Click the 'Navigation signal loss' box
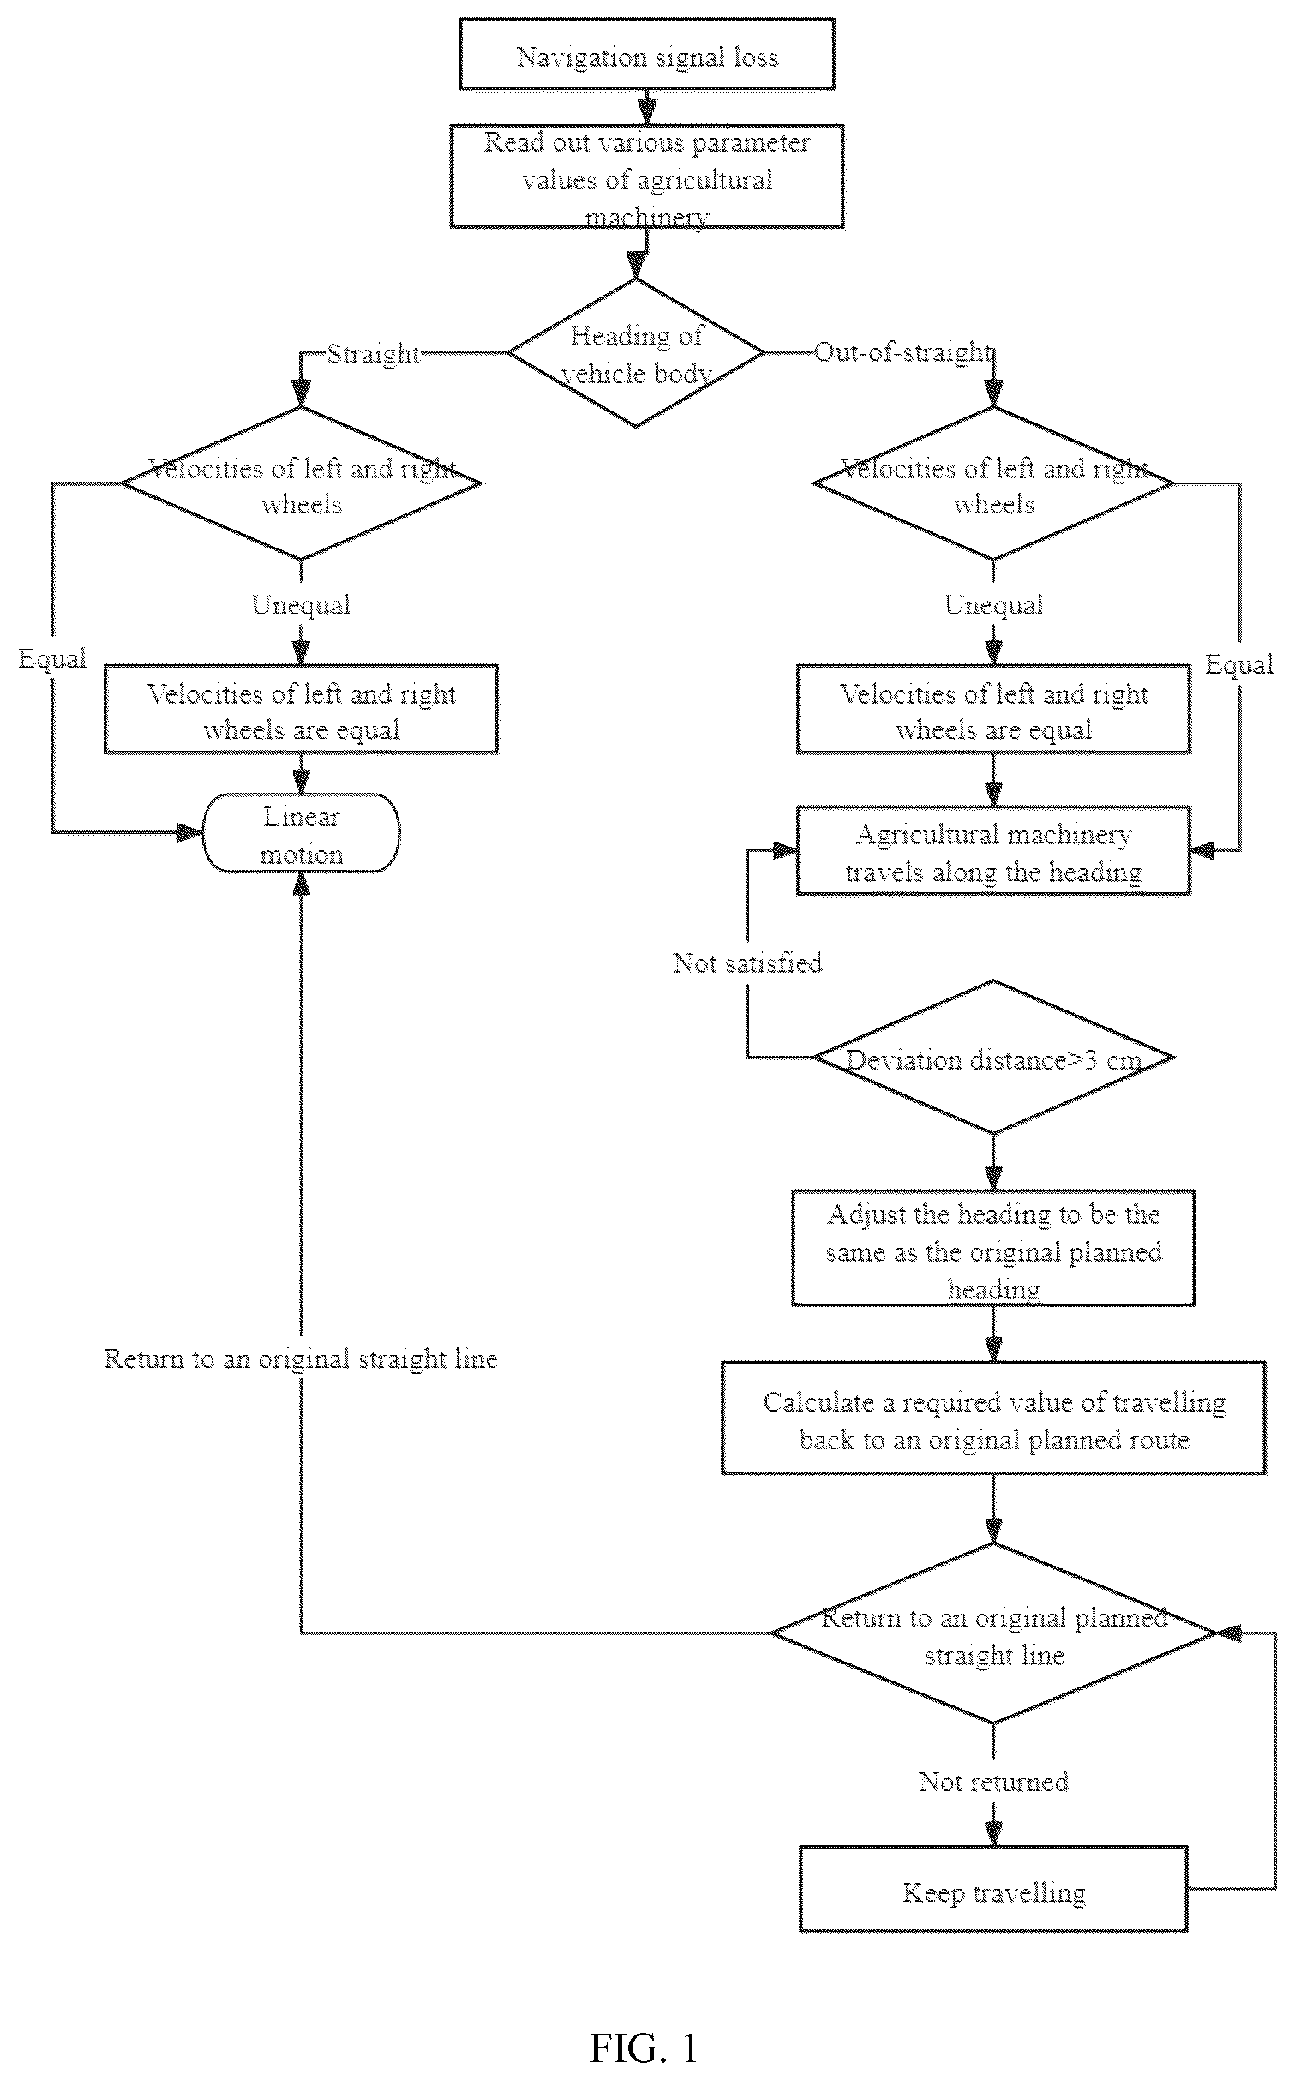[647, 54]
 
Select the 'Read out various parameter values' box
[647, 176]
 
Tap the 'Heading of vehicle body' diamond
[636, 352]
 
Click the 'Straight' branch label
[374, 353]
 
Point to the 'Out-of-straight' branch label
[903, 352]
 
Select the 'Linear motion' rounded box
[301, 832]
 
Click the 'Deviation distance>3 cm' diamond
[993, 1058]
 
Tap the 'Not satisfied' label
[747, 962]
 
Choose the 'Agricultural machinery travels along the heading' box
[993, 850]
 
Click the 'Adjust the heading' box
[993, 1248]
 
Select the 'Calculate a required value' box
[993, 1418]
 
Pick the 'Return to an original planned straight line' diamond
[993, 1633]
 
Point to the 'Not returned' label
[993, 1783]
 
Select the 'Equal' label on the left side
[52, 659]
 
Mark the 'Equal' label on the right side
[1239, 664]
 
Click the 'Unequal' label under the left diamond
[301, 605]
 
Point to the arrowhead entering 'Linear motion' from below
[301, 883]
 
